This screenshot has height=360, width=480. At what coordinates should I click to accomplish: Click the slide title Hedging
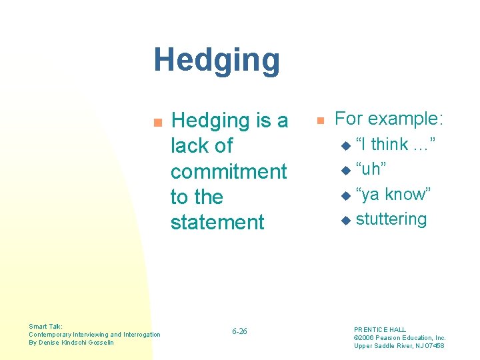point(217,60)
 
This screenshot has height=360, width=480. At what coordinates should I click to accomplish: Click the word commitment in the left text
point(229,171)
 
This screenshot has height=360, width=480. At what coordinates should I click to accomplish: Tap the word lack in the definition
point(190,146)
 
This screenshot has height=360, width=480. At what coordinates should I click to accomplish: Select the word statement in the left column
point(217,222)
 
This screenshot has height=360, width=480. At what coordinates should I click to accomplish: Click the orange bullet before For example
point(320,121)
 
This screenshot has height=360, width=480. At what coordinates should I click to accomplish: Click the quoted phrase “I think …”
point(395,144)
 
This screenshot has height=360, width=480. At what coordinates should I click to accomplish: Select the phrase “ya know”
point(393,194)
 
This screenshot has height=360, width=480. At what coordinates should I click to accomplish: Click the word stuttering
point(391,219)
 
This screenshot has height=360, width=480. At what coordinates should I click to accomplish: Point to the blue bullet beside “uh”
point(345,171)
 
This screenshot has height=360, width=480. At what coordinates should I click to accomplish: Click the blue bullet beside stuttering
point(345,220)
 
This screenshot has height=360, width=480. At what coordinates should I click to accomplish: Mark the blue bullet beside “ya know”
point(345,195)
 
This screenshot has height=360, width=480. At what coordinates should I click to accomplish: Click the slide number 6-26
point(239,331)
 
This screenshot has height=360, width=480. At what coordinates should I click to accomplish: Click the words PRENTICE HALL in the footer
point(379,329)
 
